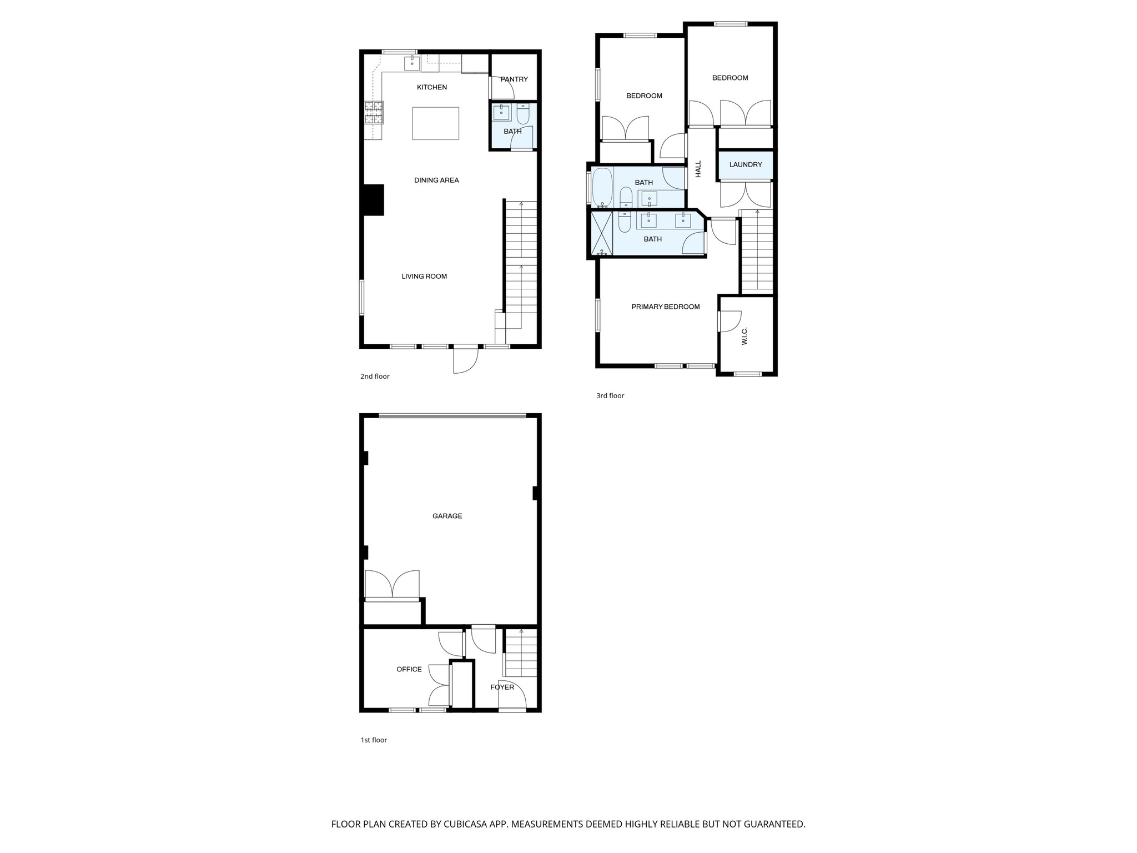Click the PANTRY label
pyautogui.click(x=514, y=79)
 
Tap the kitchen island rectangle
pyautogui.click(x=435, y=123)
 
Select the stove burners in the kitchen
pyautogui.click(x=374, y=112)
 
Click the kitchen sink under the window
pyautogui.click(x=412, y=63)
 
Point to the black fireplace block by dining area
pyautogui.click(x=373, y=199)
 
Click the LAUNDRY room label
pyautogui.click(x=745, y=165)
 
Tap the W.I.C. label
pyautogui.click(x=744, y=335)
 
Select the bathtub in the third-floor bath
pyautogui.click(x=602, y=187)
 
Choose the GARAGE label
pyautogui.click(x=447, y=516)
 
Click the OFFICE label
pyautogui.click(x=409, y=670)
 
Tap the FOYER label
pyautogui.click(x=502, y=688)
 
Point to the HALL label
pyautogui.click(x=698, y=169)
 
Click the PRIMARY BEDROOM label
pyautogui.click(x=665, y=307)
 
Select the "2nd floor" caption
pyautogui.click(x=375, y=377)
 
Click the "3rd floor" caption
pyautogui.click(x=610, y=396)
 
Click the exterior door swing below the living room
pyautogui.click(x=465, y=361)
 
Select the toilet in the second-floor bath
pyautogui.click(x=523, y=115)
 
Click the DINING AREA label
pyautogui.click(x=436, y=180)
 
